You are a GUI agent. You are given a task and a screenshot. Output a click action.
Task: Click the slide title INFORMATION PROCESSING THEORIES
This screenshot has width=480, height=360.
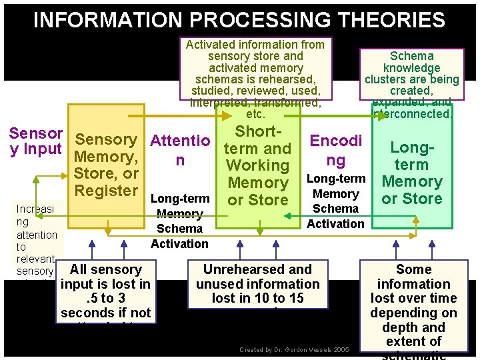[x=239, y=20]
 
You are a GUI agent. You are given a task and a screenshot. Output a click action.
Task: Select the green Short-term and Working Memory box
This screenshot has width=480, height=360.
[x=258, y=167]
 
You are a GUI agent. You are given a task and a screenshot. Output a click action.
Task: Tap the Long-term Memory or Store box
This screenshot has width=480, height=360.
[x=411, y=173]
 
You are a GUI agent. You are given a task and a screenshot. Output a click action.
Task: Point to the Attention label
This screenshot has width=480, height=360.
[x=180, y=150]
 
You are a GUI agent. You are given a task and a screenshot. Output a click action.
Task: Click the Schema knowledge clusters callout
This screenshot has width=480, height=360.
[x=411, y=85]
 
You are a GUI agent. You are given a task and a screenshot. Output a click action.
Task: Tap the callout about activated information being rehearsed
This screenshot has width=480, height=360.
[x=255, y=73]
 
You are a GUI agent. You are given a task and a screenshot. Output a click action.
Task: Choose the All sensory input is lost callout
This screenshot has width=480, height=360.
[x=106, y=292]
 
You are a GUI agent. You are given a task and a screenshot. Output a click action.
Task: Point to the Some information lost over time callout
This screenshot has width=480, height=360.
[x=413, y=305]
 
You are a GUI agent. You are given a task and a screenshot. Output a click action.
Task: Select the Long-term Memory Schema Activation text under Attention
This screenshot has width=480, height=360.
[x=179, y=221]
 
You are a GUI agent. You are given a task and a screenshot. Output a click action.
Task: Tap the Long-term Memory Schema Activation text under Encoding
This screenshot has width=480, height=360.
[x=336, y=201]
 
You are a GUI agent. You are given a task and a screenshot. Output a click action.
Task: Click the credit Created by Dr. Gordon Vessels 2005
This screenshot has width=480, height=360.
[x=294, y=349]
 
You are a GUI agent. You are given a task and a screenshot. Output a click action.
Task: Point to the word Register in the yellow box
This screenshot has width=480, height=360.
[x=107, y=191]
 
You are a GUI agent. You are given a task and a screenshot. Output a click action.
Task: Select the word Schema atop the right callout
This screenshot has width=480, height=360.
[x=411, y=56]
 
